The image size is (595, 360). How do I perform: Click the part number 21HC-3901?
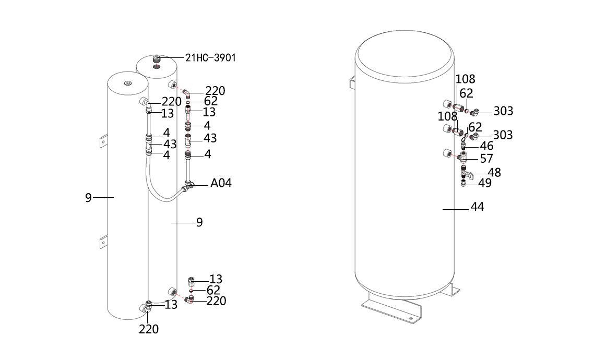pyautogui.click(x=211, y=58)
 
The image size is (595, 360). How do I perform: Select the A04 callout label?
pyautogui.click(x=221, y=183)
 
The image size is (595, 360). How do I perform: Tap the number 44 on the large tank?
pyautogui.click(x=478, y=207)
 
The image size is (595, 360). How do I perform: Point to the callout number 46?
pyautogui.click(x=487, y=146)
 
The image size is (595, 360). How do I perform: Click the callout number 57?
pyautogui.click(x=487, y=159)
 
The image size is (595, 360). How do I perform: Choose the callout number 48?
pyautogui.click(x=494, y=173)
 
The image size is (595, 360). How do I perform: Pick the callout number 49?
pyautogui.click(x=485, y=183)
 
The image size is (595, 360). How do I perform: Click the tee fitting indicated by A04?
pyautogui.click(x=188, y=186)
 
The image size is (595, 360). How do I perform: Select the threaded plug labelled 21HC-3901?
pyautogui.click(x=157, y=59)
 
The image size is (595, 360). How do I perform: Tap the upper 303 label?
pyautogui.click(x=503, y=111)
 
